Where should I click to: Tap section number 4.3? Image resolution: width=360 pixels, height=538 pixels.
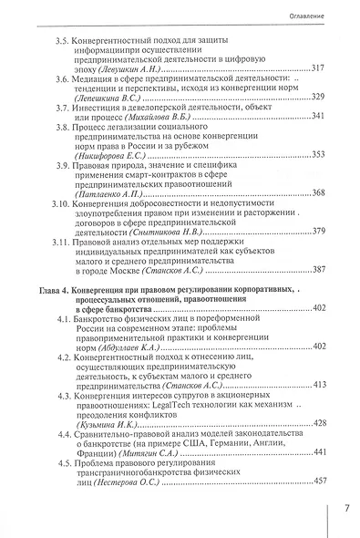66,398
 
